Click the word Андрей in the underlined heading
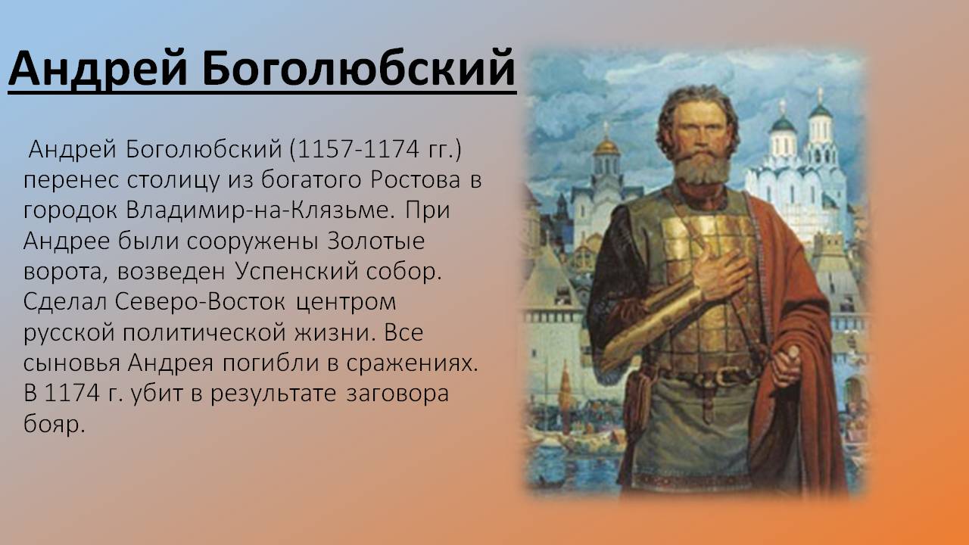(x=98, y=69)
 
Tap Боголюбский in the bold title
(x=359, y=68)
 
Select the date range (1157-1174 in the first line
(x=356, y=150)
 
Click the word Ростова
(x=416, y=180)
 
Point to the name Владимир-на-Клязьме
(x=260, y=210)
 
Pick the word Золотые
(x=376, y=241)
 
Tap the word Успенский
(x=298, y=272)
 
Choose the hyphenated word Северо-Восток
(x=200, y=302)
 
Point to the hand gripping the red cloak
(x=785, y=366)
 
